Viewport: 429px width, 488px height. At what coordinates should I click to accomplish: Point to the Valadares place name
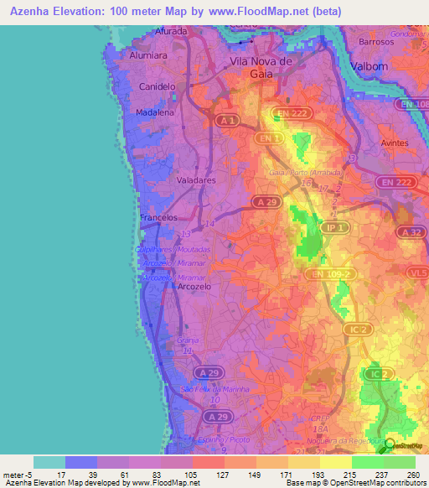[x=198, y=179]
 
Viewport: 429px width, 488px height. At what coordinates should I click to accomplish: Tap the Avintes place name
[x=395, y=143]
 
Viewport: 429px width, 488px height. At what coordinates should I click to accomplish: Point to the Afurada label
[x=170, y=31]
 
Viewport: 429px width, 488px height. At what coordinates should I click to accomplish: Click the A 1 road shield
[x=225, y=121]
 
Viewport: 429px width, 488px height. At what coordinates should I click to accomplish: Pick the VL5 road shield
[x=417, y=273]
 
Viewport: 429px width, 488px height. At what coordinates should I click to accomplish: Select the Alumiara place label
[x=149, y=55]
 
